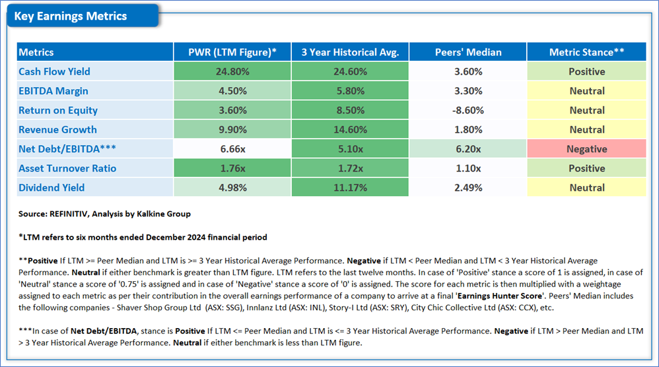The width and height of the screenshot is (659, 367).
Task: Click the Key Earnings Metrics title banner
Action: coord(83,16)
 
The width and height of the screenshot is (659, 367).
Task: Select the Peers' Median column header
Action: coord(468,52)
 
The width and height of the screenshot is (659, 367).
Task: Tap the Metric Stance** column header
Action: coord(587,52)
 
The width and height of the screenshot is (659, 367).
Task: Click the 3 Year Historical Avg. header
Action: coord(350,52)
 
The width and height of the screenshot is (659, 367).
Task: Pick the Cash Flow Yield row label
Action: coord(54,71)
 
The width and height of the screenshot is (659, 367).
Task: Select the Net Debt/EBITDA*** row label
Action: coord(67,149)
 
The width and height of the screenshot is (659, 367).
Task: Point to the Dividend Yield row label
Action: coord(52,187)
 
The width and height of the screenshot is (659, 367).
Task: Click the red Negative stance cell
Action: coord(587,149)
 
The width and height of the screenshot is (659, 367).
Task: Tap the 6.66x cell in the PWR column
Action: coord(232,149)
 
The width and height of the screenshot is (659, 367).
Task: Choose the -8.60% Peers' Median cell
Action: coord(468,110)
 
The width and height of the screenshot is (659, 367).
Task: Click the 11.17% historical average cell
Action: coord(350,187)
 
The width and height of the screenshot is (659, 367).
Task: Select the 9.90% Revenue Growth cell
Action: coord(232,129)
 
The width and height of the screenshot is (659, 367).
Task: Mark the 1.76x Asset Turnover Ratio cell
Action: coord(232,168)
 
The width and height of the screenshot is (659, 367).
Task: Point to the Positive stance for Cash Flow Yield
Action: coord(587,71)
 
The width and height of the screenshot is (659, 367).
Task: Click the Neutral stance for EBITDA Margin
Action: coord(587,90)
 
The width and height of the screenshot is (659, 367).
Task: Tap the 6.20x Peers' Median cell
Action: coord(468,149)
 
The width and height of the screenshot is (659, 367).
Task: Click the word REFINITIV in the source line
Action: coord(69,214)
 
